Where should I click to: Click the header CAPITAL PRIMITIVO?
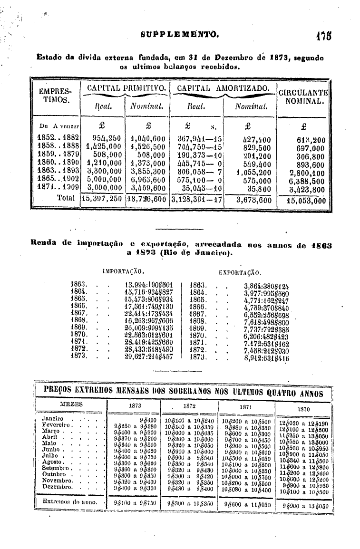[125, 88]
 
